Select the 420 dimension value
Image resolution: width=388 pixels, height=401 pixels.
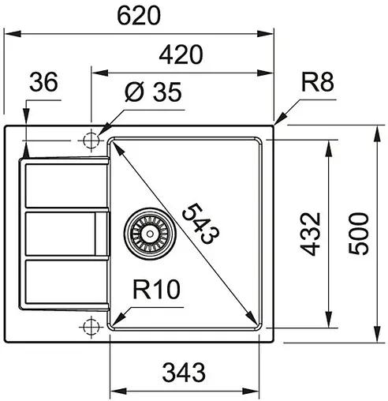(x=181, y=54)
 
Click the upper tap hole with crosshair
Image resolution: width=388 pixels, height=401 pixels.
(x=91, y=140)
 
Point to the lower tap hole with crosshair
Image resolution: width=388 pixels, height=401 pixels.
(x=91, y=325)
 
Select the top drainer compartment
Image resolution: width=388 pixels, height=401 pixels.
(x=63, y=186)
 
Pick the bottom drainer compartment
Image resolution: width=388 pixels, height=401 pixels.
(x=63, y=282)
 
